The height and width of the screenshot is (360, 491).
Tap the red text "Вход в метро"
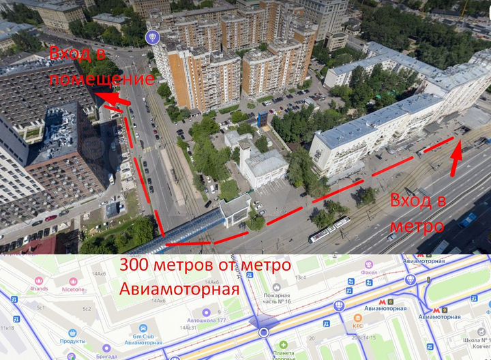click(417, 213)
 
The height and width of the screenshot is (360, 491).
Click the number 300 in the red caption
click(136, 265)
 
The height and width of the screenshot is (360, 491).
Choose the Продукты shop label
click(72, 342)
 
